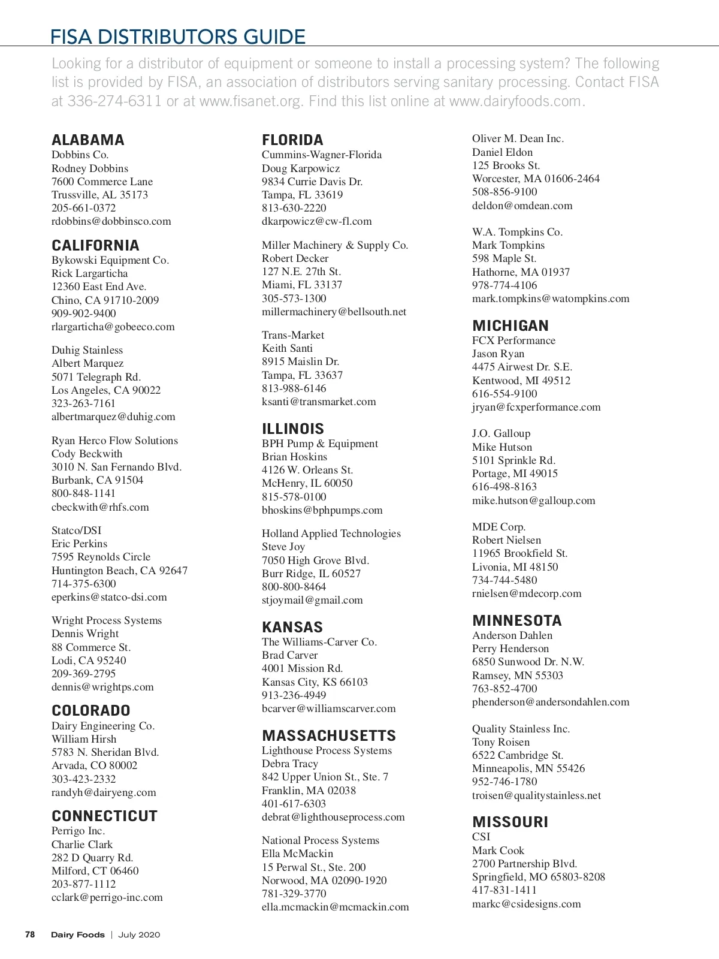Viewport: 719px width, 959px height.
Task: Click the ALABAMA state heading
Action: click(x=88, y=140)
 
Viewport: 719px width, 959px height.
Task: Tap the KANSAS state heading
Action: click(x=292, y=628)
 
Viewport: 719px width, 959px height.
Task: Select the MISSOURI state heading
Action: click(x=510, y=822)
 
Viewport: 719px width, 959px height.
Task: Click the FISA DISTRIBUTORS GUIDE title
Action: click(x=178, y=37)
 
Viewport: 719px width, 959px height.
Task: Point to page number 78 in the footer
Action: click(x=30, y=934)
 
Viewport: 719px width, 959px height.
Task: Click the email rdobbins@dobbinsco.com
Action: click(x=111, y=221)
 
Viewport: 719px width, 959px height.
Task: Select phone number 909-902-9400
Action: click(x=84, y=313)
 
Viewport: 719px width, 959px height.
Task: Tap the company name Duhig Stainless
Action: click(x=87, y=350)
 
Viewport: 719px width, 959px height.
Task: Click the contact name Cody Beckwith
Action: click(x=87, y=454)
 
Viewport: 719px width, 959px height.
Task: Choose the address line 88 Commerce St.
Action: click(x=91, y=647)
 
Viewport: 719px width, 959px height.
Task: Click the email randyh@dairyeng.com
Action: click(x=104, y=792)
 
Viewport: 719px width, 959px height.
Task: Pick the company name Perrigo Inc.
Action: click(x=78, y=831)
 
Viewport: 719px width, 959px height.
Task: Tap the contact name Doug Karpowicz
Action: click(x=301, y=168)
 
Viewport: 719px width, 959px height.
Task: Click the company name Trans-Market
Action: click(x=293, y=335)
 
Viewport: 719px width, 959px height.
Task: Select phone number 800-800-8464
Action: click(x=294, y=587)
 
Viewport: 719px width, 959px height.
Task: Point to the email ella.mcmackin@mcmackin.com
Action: click(x=336, y=907)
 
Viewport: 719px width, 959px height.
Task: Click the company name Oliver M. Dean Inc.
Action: click(x=518, y=138)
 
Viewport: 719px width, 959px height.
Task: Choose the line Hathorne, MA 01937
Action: click(x=521, y=272)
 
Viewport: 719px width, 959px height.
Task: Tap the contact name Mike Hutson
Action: click(x=502, y=447)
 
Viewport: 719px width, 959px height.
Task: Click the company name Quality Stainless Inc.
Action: click(x=521, y=729)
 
